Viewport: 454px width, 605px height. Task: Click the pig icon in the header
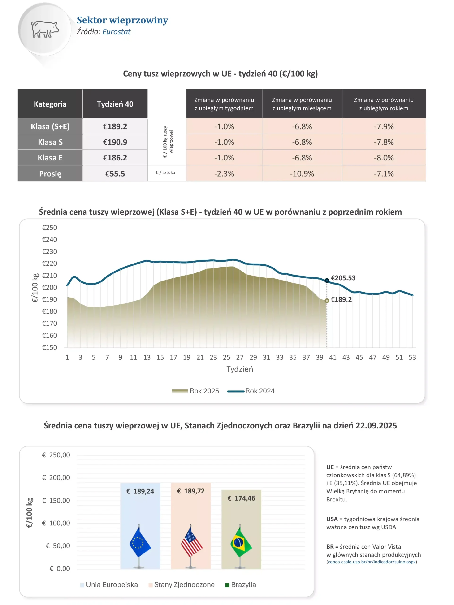45,29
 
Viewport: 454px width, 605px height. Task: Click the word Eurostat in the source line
116,32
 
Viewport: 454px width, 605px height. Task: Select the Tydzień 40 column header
115,104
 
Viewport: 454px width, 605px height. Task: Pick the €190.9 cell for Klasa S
115,142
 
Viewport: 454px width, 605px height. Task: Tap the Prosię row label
50,173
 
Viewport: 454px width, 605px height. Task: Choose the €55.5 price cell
115,173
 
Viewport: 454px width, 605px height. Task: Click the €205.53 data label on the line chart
343,278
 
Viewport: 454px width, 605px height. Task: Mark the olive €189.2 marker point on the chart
327,301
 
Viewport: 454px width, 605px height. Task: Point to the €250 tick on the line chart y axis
49,228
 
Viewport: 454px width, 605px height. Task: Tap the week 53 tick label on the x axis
412,357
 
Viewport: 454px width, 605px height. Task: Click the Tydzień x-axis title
240,369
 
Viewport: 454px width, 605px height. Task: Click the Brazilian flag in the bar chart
240,543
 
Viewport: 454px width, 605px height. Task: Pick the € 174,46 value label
241,498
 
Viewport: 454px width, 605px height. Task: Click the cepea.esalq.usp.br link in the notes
372,562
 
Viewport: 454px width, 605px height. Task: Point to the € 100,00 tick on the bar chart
56,523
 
